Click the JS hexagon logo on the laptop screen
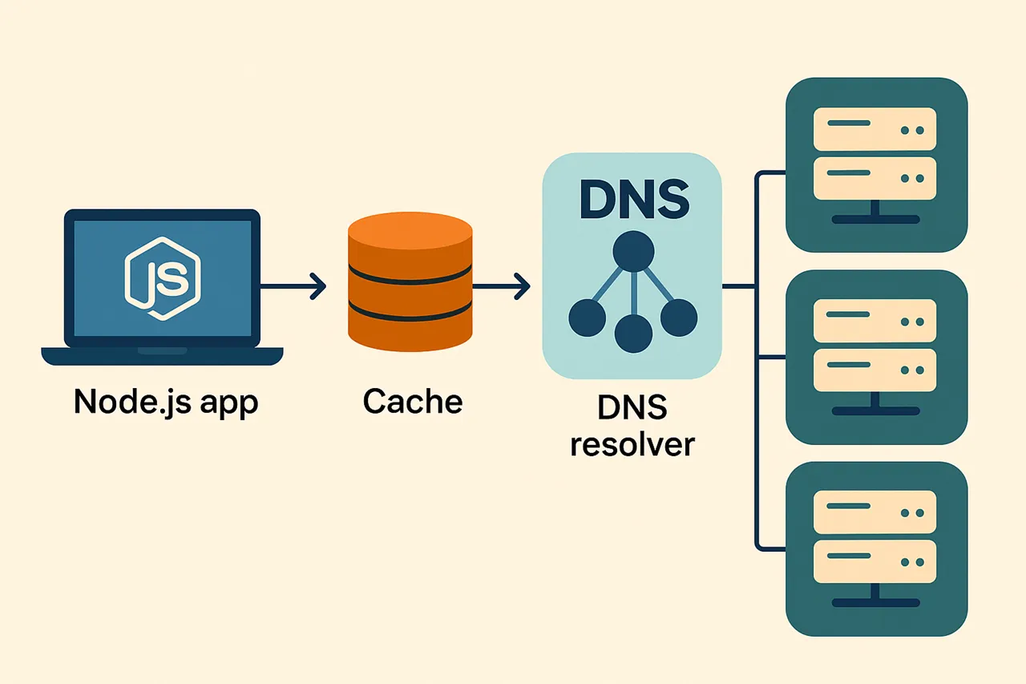(x=163, y=278)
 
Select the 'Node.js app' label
(x=166, y=401)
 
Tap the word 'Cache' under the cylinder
(x=412, y=401)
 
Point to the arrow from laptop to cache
(x=293, y=285)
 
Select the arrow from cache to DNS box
(x=501, y=285)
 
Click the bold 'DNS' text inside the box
(x=633, y=200)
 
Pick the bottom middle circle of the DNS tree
(x=633, y=333)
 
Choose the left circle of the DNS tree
(x=587, y=318)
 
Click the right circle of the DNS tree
(x=679, y=318)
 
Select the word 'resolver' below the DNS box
(x=632, y=443)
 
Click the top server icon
(x=876, y=165)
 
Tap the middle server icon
(x=876, y=357)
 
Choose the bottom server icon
(x=876, y=549)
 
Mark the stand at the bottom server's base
(x=875, y=598)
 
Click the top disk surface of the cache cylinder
(x=410, y=229)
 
